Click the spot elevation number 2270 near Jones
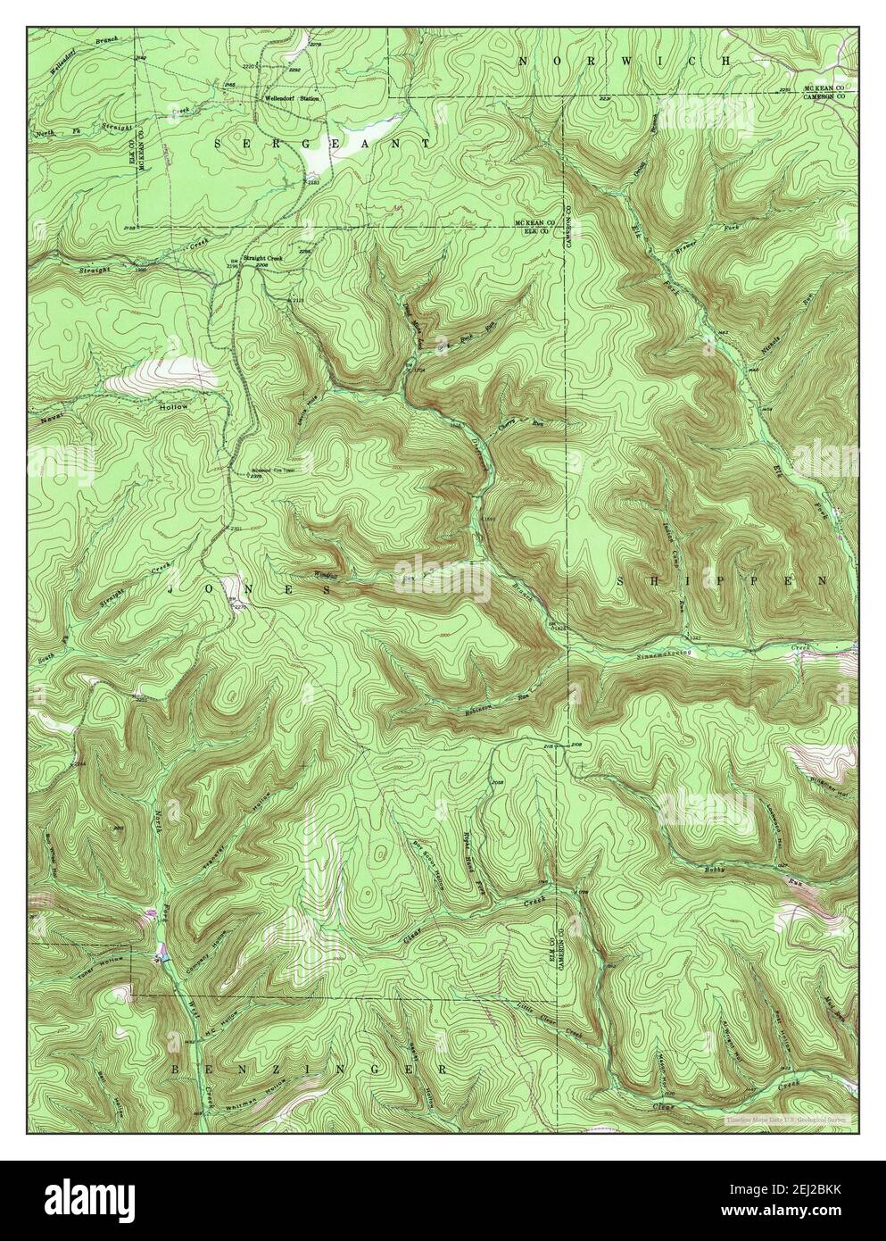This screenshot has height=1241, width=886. point(239,607)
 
